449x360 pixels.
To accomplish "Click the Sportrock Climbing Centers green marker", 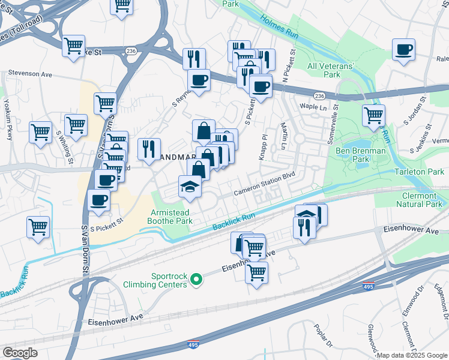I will tap(196, 279).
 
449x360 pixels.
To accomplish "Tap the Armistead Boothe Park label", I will tap(170, 217).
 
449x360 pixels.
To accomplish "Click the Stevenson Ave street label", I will tap(30, 74).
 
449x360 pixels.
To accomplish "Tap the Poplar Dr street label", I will tap(323, 336).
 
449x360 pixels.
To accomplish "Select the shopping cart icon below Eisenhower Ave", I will tap(256, 272).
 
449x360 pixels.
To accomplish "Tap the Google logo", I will tap(20, 353).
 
